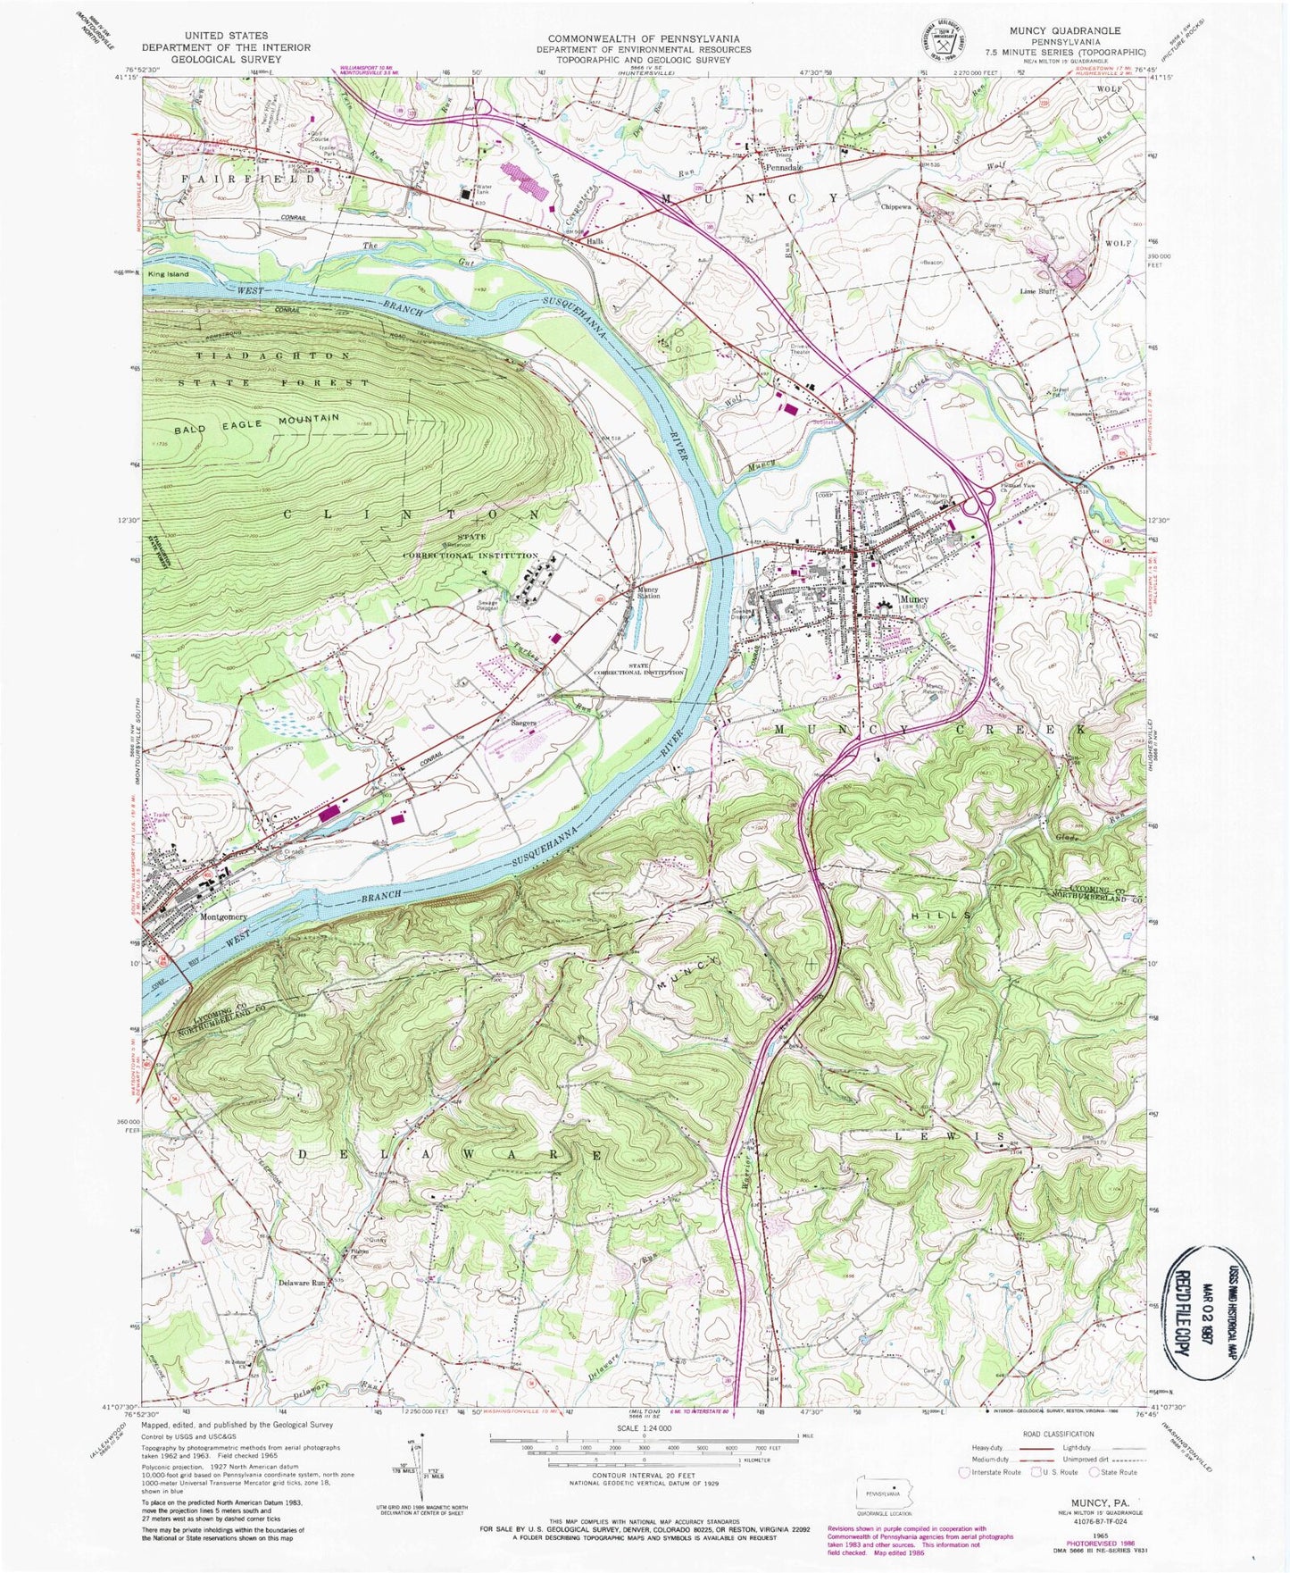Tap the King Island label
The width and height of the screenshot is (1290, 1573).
(170, 274)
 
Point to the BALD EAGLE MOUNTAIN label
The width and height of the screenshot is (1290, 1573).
(257, 423)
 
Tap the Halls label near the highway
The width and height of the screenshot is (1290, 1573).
(595, 242)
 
